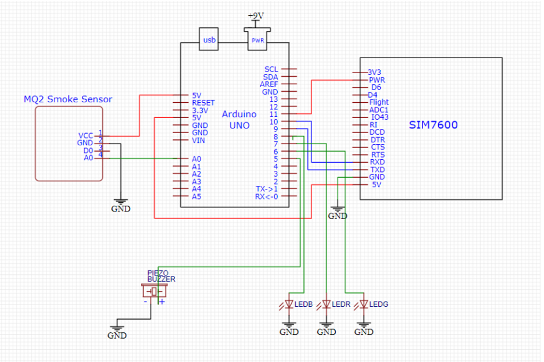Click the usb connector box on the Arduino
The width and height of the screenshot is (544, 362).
pos(209,40)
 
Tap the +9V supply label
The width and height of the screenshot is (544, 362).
pos(256,15)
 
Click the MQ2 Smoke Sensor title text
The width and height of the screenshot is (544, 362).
pos(67,99)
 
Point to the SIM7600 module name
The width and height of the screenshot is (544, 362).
pos(433,124)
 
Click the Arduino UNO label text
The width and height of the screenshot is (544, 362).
pos(236,119)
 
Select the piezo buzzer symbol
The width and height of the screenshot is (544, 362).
pos(153,291)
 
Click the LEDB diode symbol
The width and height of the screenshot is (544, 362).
pos(289,304)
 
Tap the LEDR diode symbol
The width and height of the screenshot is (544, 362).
pos(327,304)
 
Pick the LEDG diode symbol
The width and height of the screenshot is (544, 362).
pos(364,304)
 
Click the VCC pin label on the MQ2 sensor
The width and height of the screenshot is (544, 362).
pos(85,136)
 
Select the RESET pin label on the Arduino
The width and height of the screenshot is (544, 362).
pos(203,103)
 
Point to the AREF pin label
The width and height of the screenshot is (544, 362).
pos(269,84)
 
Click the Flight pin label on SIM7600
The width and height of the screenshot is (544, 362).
pos(379,102)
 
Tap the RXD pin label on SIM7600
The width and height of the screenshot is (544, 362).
pos(377,162)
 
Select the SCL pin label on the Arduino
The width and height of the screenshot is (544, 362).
pos(271,69)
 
